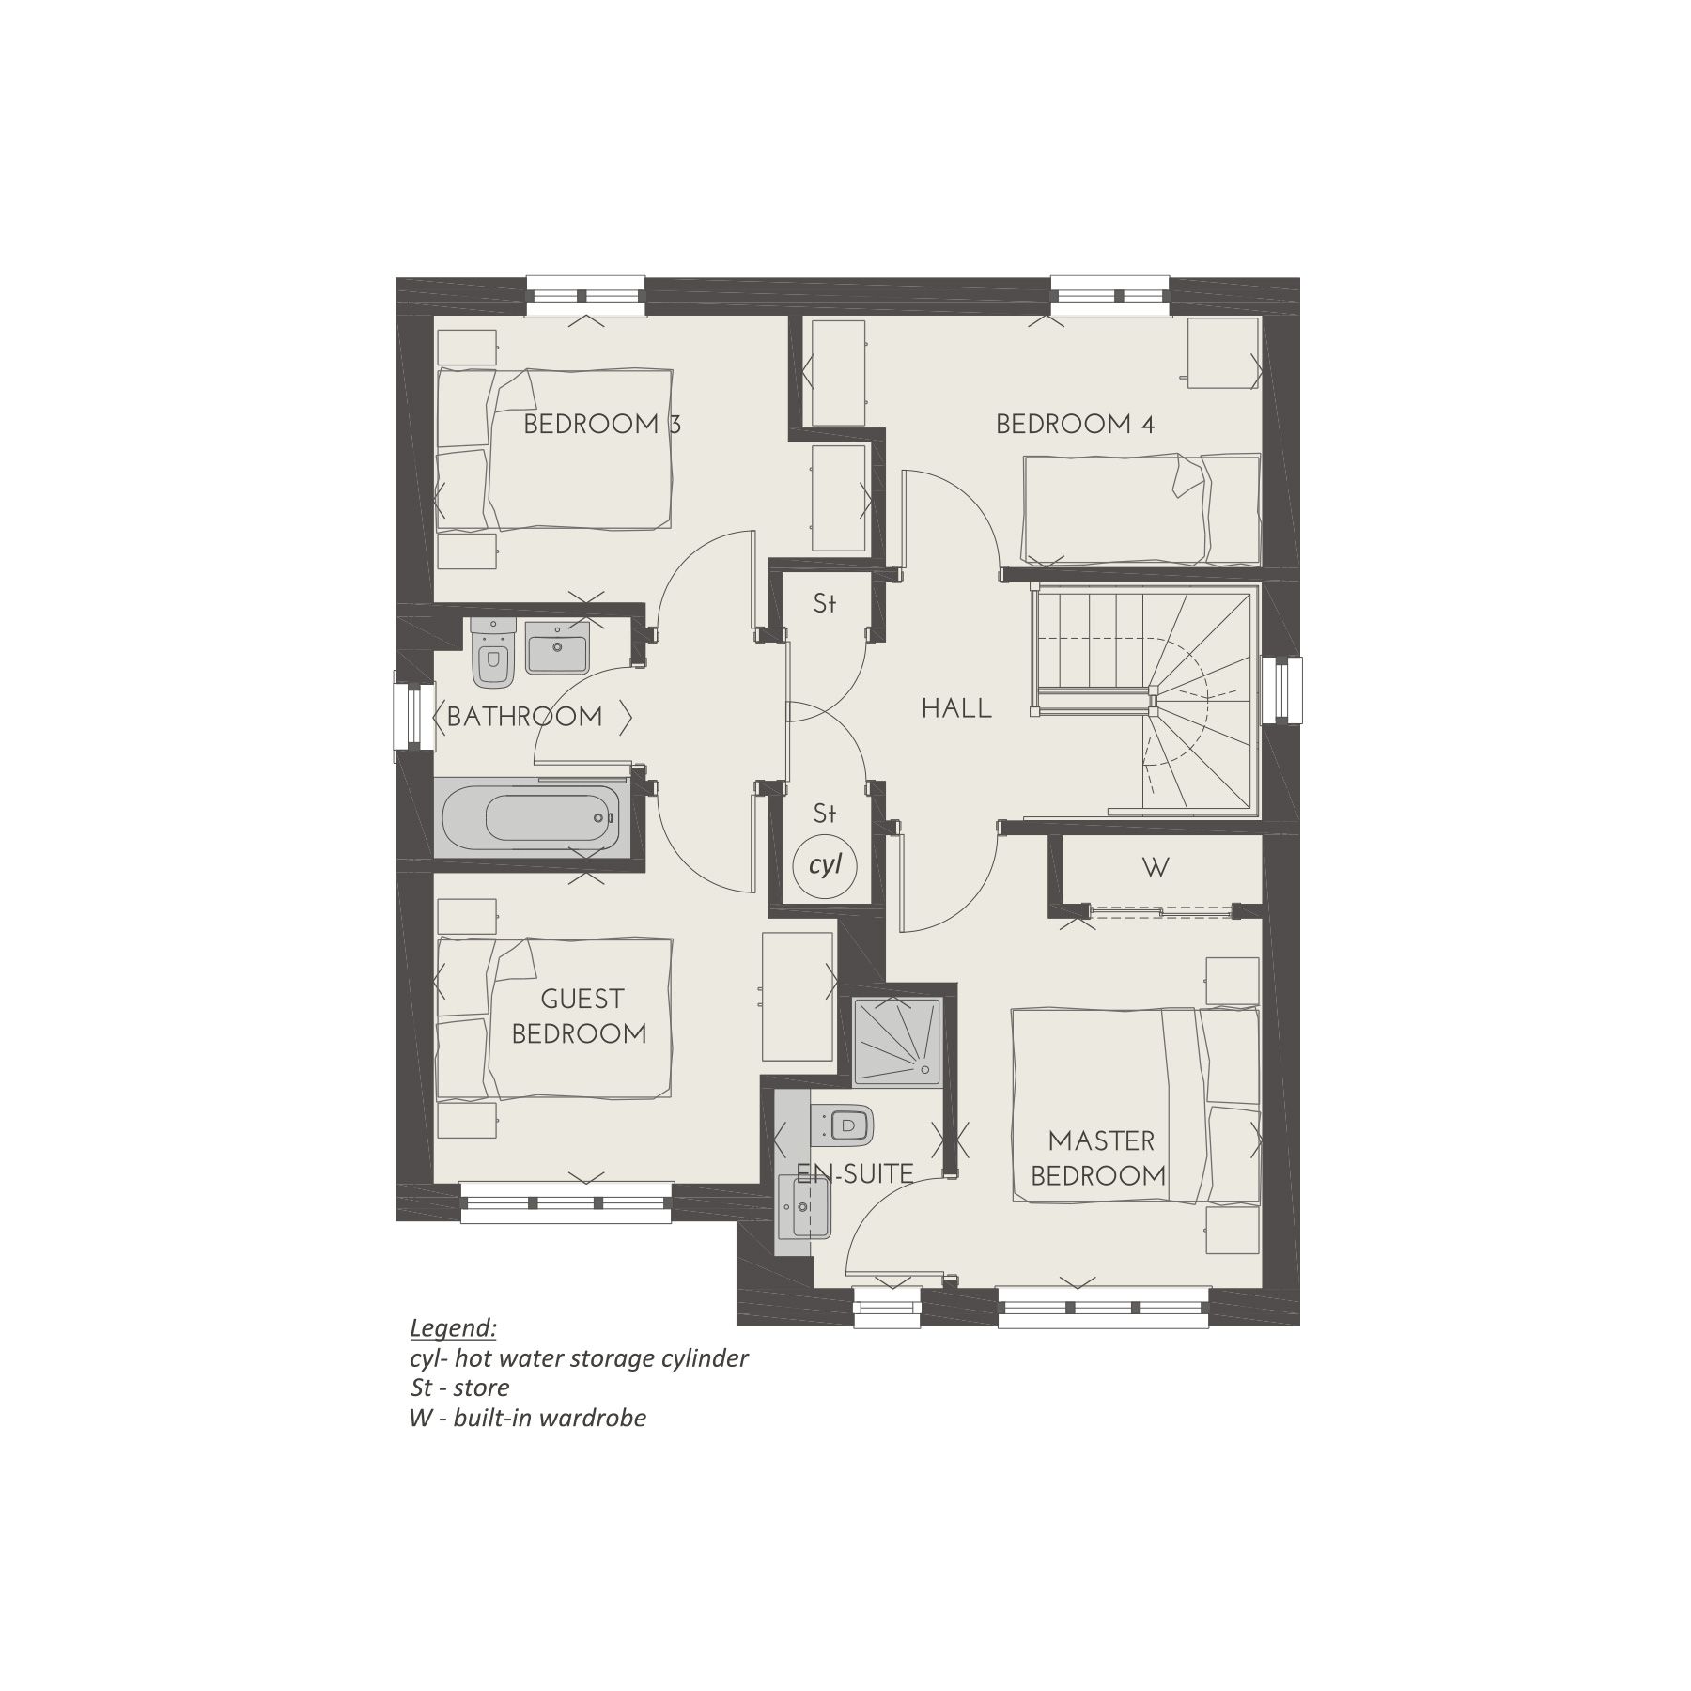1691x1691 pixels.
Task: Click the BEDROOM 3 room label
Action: (601, 424)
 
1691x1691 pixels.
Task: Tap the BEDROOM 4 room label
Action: (1075, 424)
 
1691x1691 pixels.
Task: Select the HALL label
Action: (956, 708)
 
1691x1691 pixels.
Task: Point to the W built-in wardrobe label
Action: (1156, 868)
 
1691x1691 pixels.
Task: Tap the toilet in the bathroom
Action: (491, 653)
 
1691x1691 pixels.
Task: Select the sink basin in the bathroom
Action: (557, 648)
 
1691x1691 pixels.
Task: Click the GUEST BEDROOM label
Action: (580, 1016)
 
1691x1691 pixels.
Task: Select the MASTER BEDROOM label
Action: (1098, 1158)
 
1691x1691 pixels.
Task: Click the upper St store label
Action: (825, 604)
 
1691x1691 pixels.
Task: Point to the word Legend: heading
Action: (453, 1328)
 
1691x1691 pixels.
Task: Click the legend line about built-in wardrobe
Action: (528, 1418)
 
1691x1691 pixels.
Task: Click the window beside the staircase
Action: (1281, 690)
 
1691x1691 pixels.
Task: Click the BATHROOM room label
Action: (524, 717)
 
